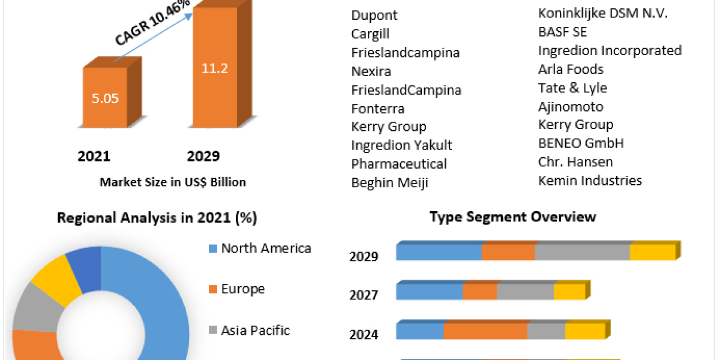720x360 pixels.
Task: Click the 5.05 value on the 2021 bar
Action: tap(105, 99)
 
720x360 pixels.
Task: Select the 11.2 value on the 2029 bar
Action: tap(214, 68)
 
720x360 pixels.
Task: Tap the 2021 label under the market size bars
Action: tap(94, 157)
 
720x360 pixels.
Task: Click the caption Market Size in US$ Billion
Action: tap(172, 182)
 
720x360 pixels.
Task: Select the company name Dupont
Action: tap(374, 15)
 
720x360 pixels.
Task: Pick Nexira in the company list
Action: tap(371, 71)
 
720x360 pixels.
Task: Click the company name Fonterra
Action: tap(378, 109)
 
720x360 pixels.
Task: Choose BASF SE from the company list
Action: tap(563, 32)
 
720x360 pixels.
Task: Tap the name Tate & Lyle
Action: tap(572, 88)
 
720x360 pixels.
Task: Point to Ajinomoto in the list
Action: tap(571, 107)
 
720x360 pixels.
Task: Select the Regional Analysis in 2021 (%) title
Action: tap(157, 218)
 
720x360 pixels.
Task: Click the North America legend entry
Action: tap(266, 248)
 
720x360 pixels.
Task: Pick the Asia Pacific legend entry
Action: tap(255, 330)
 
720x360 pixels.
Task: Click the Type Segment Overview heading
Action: tap(513, 217)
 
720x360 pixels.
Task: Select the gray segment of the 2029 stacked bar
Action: tap(582, 253)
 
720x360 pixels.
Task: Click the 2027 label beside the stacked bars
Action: tap(364, 295)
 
